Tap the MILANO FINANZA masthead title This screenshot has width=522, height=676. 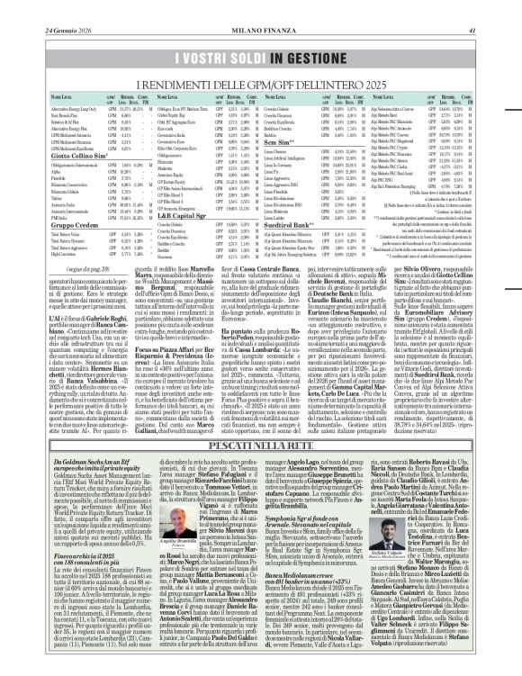click(x=260, y=8)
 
